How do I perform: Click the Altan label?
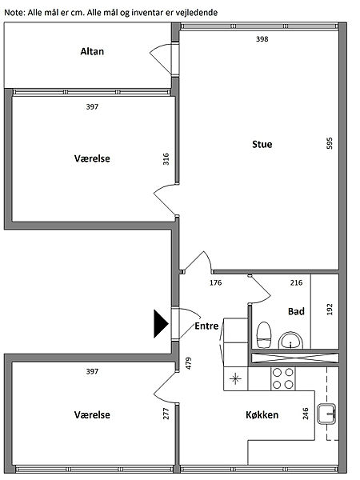click(x=92, y=51)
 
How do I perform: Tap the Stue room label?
click(x=262, y=144)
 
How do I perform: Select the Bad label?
click(x=296, y=311)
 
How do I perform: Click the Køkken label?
click(x=262, y=414)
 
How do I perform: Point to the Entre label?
click(x=206, y=326)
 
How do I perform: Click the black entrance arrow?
click(x=161, y=323)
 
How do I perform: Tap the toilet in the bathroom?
click(x=264, y=335)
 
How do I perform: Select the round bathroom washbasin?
click(x=290, y=341)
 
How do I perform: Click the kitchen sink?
click(x=326, y=414)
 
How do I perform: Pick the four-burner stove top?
click(x=283, y=378)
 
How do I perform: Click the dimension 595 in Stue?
click(x=330, y=143)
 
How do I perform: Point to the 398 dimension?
click(x=262, y=39)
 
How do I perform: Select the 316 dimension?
click(x=166, y=159)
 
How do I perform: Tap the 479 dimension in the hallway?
click(x=189, y=363)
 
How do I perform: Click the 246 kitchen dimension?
click(x=306, y=414)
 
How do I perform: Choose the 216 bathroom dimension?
click(x=296, y=282)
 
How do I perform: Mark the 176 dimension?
click(x=215, y=282)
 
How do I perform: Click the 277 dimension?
click(x=166, y=414)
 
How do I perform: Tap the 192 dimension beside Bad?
click(x=330, y=309)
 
